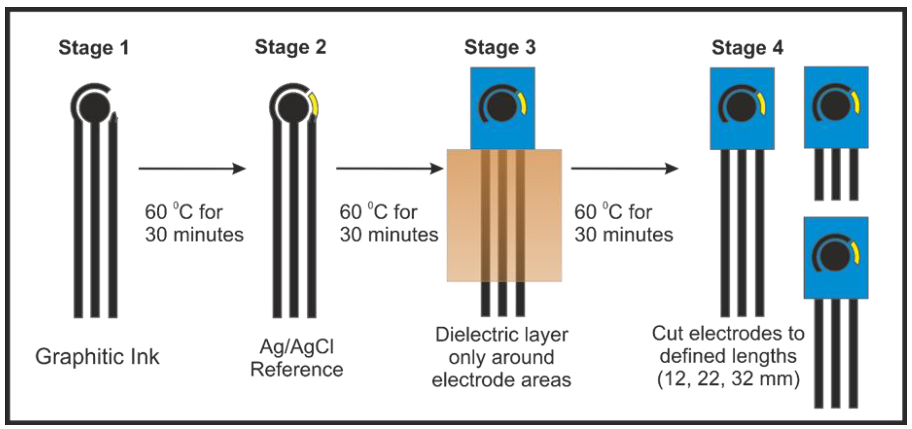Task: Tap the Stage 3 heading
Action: (x=500, y=47)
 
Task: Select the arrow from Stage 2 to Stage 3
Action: (x=389, y=169)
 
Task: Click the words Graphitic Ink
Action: (x=97, y=357)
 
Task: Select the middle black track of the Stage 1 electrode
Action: (x=95, y=219)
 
